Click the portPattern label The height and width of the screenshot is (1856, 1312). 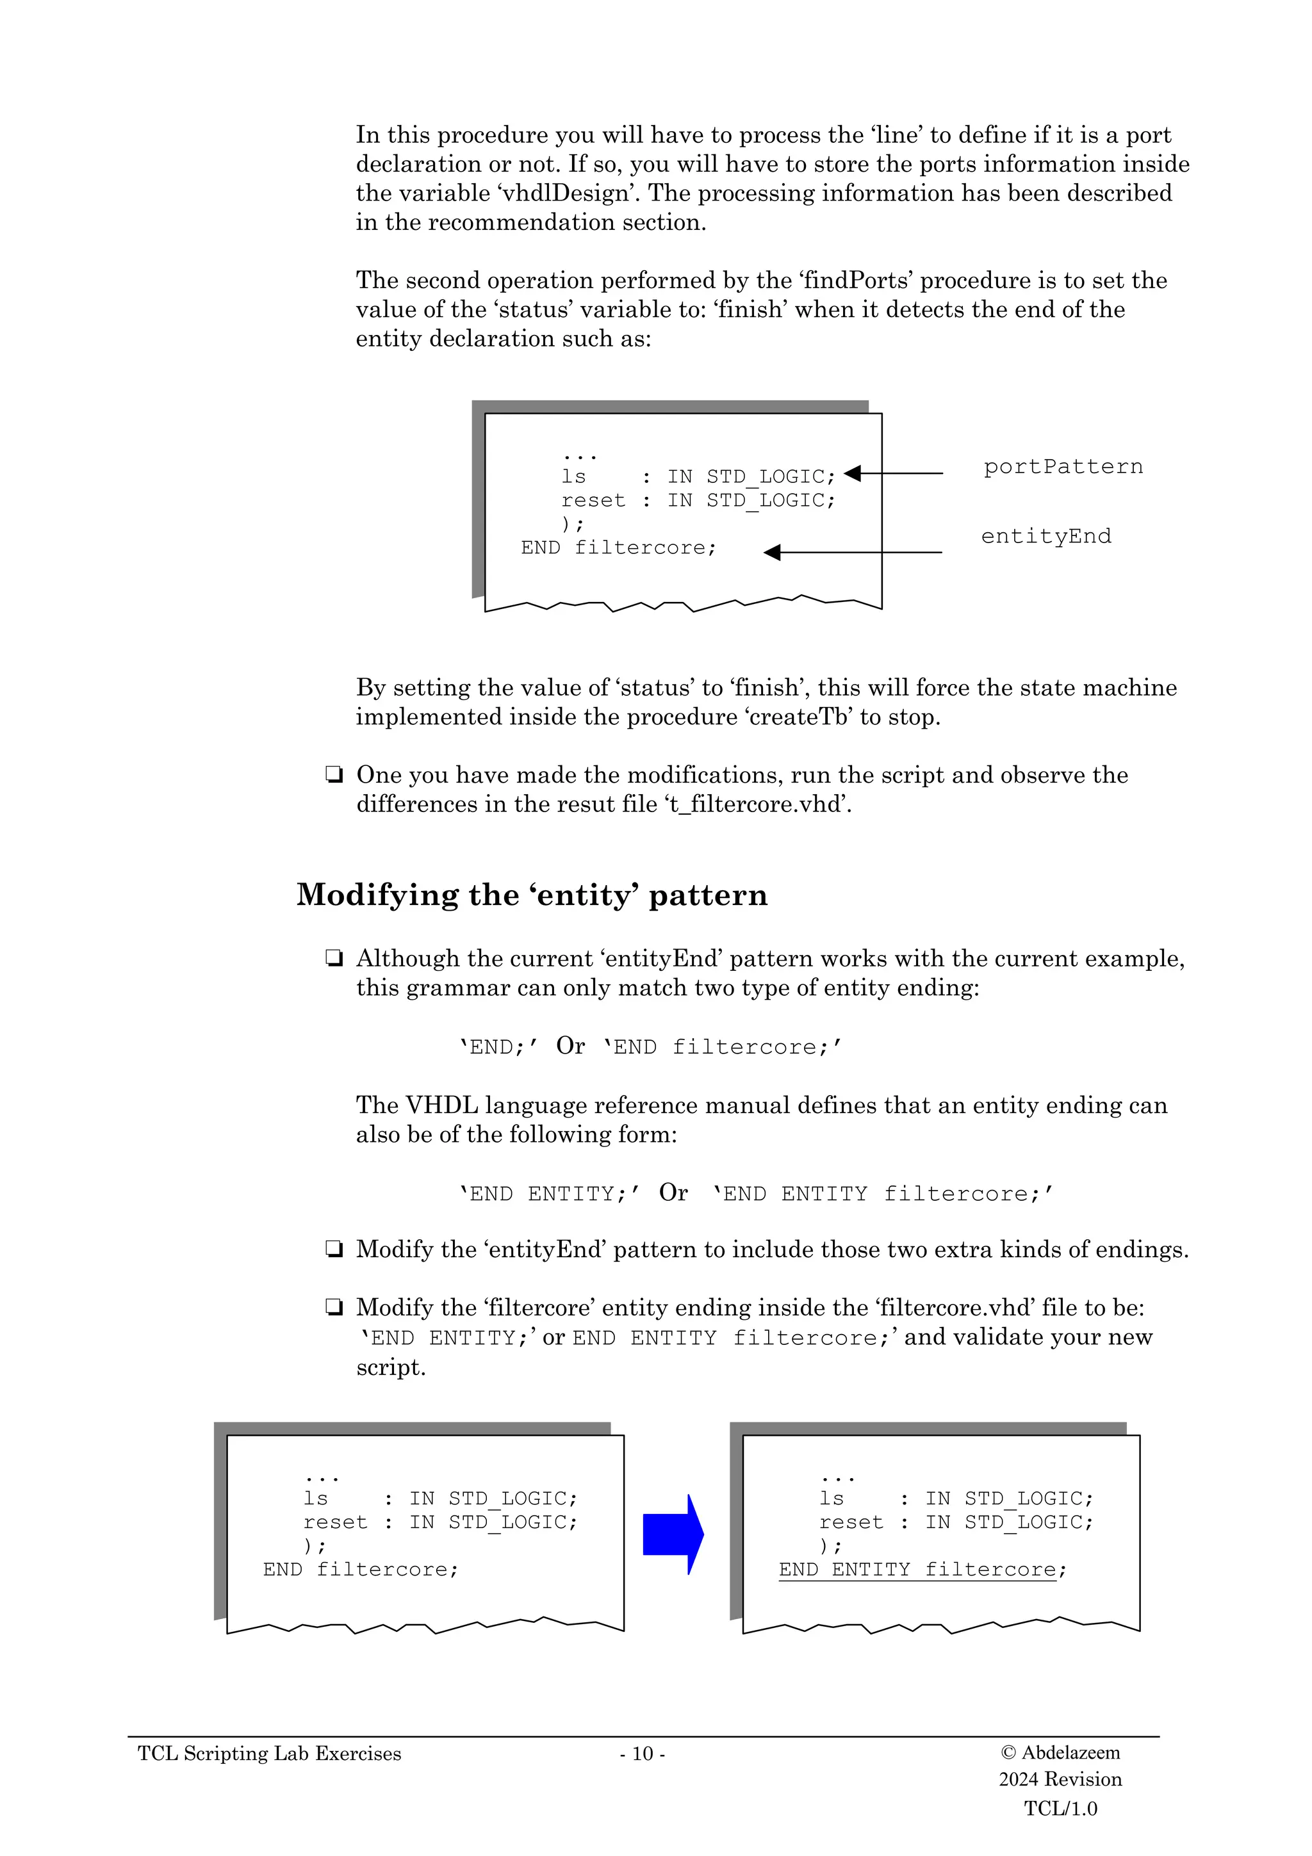1062,468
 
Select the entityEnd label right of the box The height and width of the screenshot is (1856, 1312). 1045,537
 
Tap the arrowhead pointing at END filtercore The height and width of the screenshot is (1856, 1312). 772,552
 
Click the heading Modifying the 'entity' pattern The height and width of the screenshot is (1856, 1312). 531,895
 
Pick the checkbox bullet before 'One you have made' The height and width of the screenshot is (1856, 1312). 333,775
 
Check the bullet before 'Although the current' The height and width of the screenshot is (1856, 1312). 333,959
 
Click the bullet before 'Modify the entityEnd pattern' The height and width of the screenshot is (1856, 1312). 333,1250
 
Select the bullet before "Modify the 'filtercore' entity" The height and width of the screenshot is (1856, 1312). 333,1308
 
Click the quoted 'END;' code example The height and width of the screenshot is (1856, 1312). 498,1047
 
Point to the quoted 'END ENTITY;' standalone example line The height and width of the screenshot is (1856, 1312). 550,1194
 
